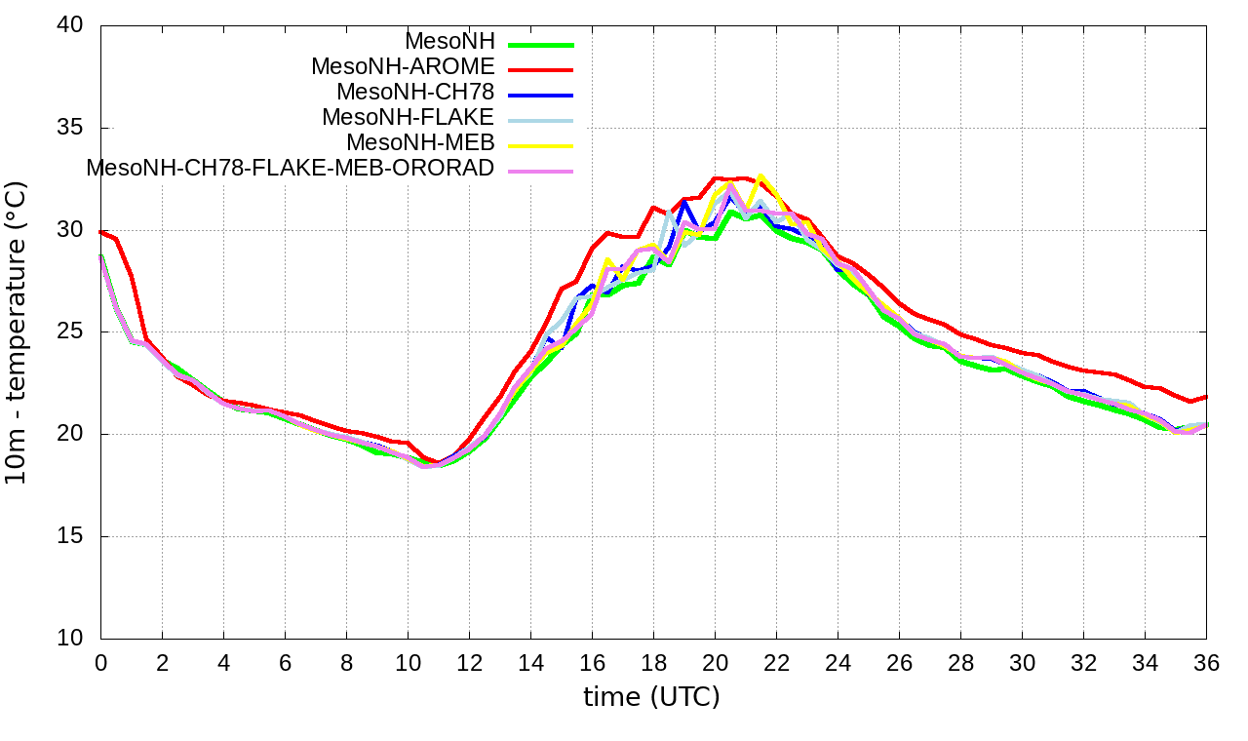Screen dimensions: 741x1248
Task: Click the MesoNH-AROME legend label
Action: pyautogui.click(x=403, y=67)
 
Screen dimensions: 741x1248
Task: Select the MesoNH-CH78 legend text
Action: pyautogui.click(x=415, y=93)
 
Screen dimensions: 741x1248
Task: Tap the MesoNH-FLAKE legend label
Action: pyautogui.click(x=409, y=117)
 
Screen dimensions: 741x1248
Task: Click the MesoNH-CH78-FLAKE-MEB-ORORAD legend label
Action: pyautogui.click(x=291, y=168)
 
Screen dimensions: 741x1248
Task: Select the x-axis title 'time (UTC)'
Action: pyautogui.click(x=651, y=697)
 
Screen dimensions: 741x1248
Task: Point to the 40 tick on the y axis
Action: pyautogui.click(x=70, y=26)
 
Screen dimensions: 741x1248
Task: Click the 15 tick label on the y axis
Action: pyautogui.click(x=70, y=536)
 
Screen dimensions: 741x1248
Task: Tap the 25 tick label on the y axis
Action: pyautogui.click(x=70, y=332)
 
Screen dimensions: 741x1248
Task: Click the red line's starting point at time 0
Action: pyautogui.click(x=101, y=232)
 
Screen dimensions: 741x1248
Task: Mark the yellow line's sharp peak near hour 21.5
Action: pyautogui.click(x=760, y=176)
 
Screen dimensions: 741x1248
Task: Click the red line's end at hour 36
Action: pyautogui.click(x=1206, y=397)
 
